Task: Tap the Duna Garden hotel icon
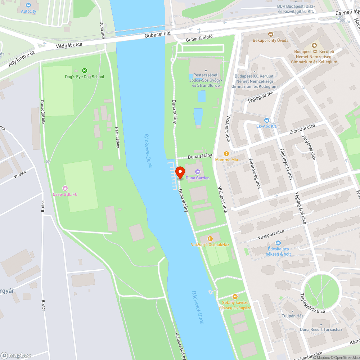click(197, 171)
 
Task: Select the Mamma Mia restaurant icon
click(227, 153)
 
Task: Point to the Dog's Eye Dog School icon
click(85, 71)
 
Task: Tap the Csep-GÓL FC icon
click(65, 188)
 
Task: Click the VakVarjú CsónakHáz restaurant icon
click(211, 238)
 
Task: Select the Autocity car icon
click(28, 5)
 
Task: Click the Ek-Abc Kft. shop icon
click(266, 120)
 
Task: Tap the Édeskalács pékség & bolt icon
click(278, 243)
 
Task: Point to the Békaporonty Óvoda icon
click(271, 34)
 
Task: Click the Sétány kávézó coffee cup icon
click(235, 297)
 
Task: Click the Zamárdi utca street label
click(303, 130)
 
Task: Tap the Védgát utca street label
click(69, 45)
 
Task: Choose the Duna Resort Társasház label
click(321, 329)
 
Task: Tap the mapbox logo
click(16, 355)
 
